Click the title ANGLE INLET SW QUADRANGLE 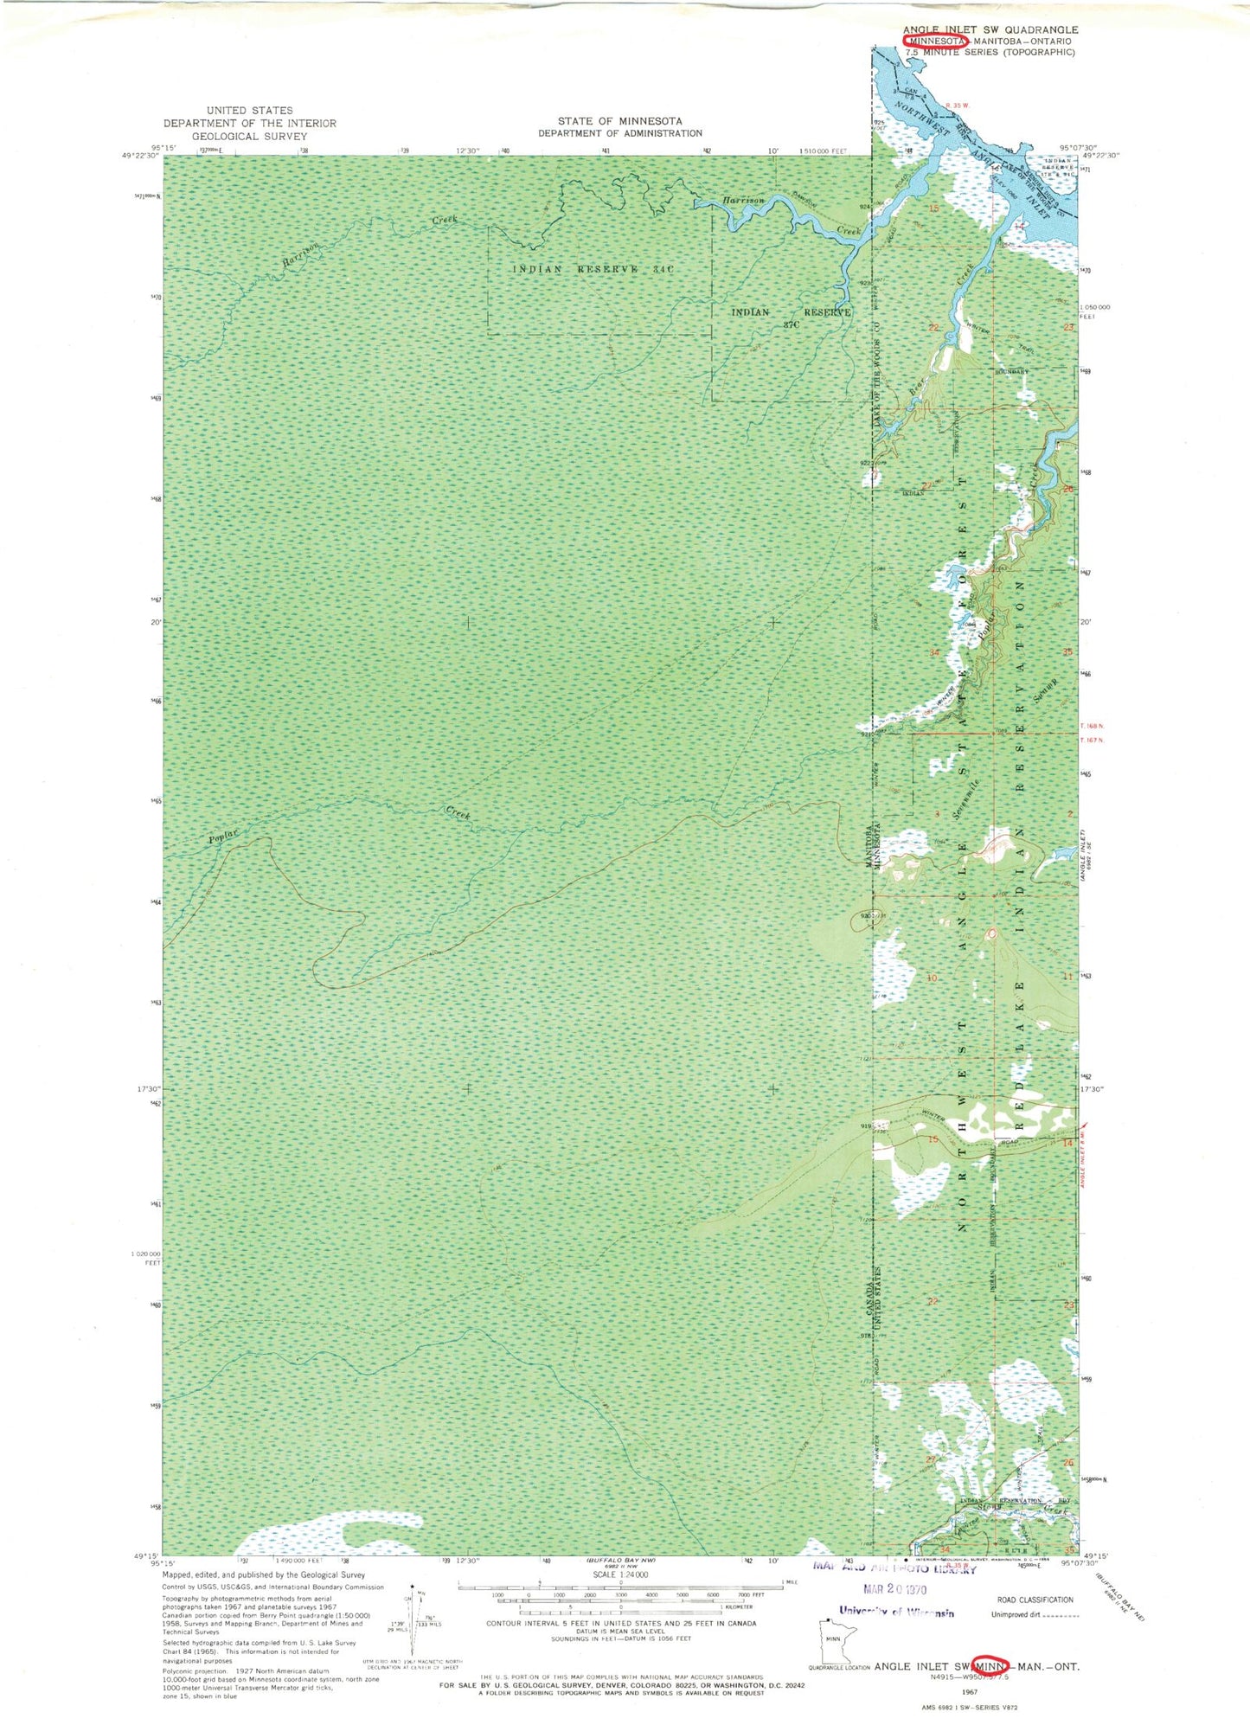990,29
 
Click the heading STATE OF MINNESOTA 619,121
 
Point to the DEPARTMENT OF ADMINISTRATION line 619,133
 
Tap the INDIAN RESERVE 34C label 593,269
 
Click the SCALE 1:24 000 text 620,1574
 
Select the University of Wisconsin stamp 896,1612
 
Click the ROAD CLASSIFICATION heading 1035,1600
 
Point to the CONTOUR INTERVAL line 620,1623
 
